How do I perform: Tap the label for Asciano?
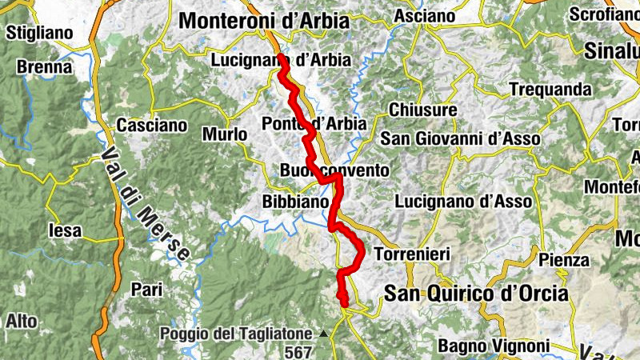coord(425,16)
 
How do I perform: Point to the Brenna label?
coord(44,67)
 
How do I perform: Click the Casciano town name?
coord(152,126)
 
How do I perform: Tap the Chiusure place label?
coord(423,110)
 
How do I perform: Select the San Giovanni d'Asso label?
coord(460,138)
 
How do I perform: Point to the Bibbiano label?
coord(295,203)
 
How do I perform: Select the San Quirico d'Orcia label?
coord(476,294)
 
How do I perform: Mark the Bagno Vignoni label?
coord(494,346)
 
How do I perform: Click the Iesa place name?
coord(65,230)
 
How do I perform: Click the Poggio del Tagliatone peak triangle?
coord(324,334)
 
